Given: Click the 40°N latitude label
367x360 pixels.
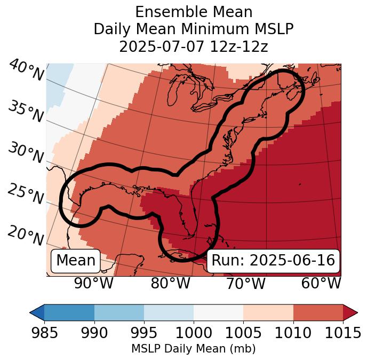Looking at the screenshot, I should pyautogui.click(x=26, y=71).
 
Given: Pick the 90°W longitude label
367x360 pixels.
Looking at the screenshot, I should pyautogui.click(x=94, y=284).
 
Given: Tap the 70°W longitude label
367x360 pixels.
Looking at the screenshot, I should pyautogui.click(x=245, y=284).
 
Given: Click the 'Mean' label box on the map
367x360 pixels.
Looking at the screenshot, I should pyautogui.click(x=76, y=261).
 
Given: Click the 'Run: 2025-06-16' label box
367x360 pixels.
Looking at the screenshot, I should pyautogui.click(x=273, y=261).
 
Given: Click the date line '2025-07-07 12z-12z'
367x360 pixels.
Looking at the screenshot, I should pyautogui.click(x=193, y=46).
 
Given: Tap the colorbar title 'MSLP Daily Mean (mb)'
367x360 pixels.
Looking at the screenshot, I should pyautogui.click(x=193, y=349).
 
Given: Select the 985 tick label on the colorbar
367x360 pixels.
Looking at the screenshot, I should pyautogui.click(x=44, y=333).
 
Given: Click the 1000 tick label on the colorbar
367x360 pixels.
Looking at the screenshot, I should pyautogui.click(x=193, y=333).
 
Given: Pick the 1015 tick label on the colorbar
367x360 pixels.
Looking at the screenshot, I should pyautogui.click(x=343, y=333).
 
